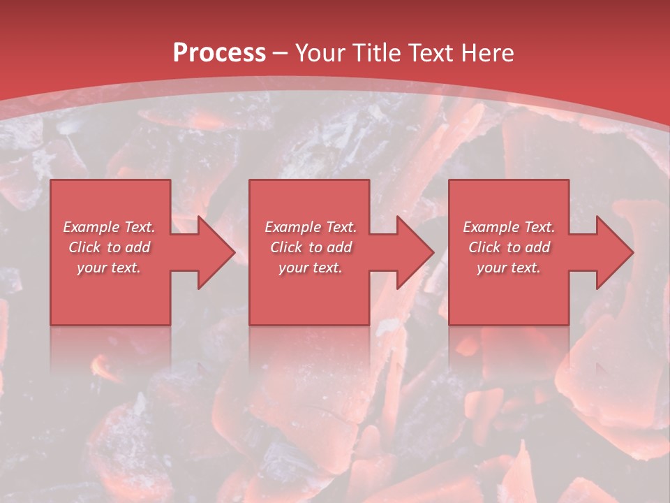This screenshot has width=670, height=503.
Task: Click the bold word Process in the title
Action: (219, 53)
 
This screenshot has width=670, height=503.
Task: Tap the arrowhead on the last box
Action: (613, 252)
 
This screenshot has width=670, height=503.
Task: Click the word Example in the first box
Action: (91, 227)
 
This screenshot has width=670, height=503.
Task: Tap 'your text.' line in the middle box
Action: (311, 268)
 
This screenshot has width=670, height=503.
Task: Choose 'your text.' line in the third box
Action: (509, 268)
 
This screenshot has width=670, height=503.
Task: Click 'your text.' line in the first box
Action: (109, 268)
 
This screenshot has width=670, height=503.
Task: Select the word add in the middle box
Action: (339, 247)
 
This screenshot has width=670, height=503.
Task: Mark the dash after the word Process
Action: (281, 54)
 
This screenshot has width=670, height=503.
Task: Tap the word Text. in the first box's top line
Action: (139, 227)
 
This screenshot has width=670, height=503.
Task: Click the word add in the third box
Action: (537, 247)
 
